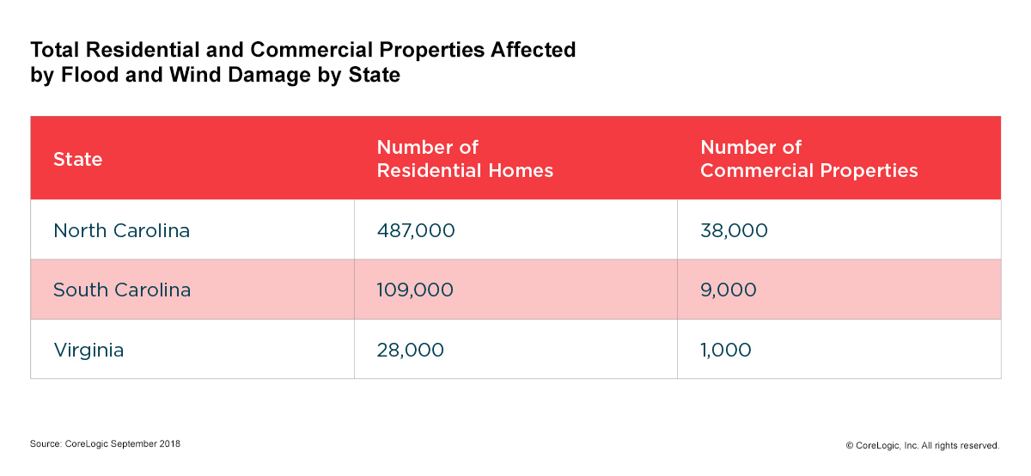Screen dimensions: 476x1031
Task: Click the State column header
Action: (77, 159)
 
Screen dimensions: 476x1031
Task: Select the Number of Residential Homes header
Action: (465, 159)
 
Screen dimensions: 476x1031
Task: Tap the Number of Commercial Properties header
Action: (808, 159)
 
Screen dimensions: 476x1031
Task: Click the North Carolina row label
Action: (121, 230)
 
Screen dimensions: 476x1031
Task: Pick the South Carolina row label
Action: (122, 290)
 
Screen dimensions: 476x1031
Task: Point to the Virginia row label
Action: (88, 350)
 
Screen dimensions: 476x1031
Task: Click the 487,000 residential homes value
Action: (416, 230)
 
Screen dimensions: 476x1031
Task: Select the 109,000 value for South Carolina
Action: (415, 290)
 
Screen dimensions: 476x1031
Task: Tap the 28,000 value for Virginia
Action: (411, 350)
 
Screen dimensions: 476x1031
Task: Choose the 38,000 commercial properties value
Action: (734, 230)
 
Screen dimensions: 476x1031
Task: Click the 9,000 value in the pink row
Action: (729, 290)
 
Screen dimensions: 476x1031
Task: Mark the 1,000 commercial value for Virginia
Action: (726, 350)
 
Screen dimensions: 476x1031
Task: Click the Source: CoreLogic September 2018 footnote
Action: (105, 444)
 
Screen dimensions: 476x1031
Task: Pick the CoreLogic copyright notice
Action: (922, 445)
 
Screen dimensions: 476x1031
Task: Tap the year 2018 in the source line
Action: (169, 444)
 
